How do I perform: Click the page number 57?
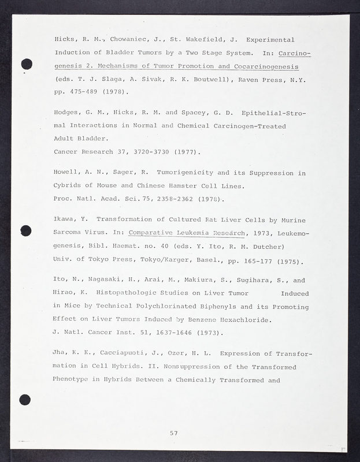click(173, 433)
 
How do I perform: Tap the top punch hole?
click(25, 64)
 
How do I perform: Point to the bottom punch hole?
click(25, 398)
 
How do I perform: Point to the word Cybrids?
click(69, 186)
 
